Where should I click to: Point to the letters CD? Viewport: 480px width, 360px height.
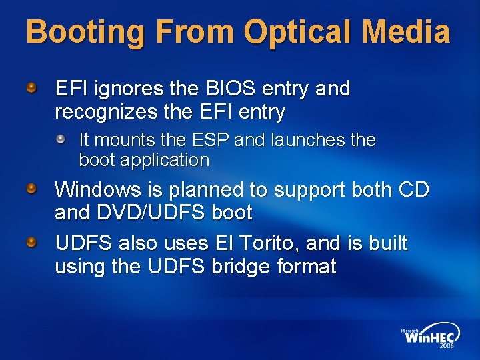413,190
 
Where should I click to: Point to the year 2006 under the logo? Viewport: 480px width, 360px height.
446,347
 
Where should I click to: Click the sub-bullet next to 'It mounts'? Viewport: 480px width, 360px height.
61,140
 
